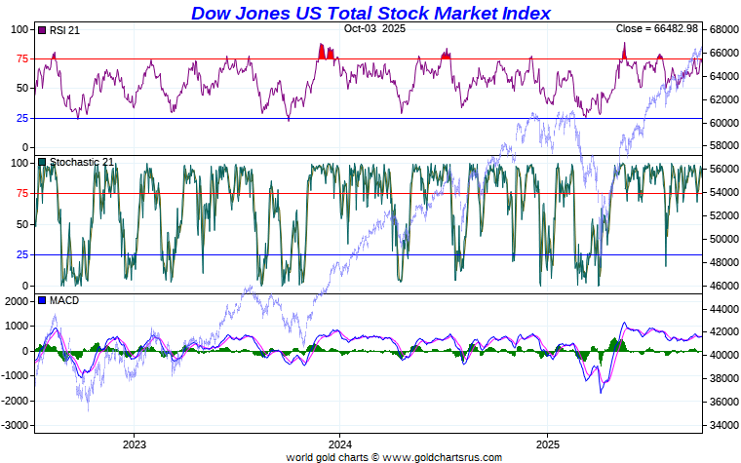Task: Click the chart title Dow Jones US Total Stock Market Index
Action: coord(370,14)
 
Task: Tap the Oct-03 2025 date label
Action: coord(375,29)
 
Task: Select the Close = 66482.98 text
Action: coord(657,29)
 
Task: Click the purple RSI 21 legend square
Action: coord(42,31)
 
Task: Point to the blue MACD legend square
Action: coord(42,300)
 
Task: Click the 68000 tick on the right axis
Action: coord(722,30)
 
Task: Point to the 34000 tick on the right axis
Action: coord(722,425)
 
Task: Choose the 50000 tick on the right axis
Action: coord(722,239)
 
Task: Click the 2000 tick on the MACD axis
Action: coord(17,301)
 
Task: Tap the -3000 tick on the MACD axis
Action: coord(15,426)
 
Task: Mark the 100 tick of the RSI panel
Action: coord(19,30)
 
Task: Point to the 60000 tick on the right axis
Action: coord(722,123)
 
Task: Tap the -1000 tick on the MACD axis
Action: coord(15,376)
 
